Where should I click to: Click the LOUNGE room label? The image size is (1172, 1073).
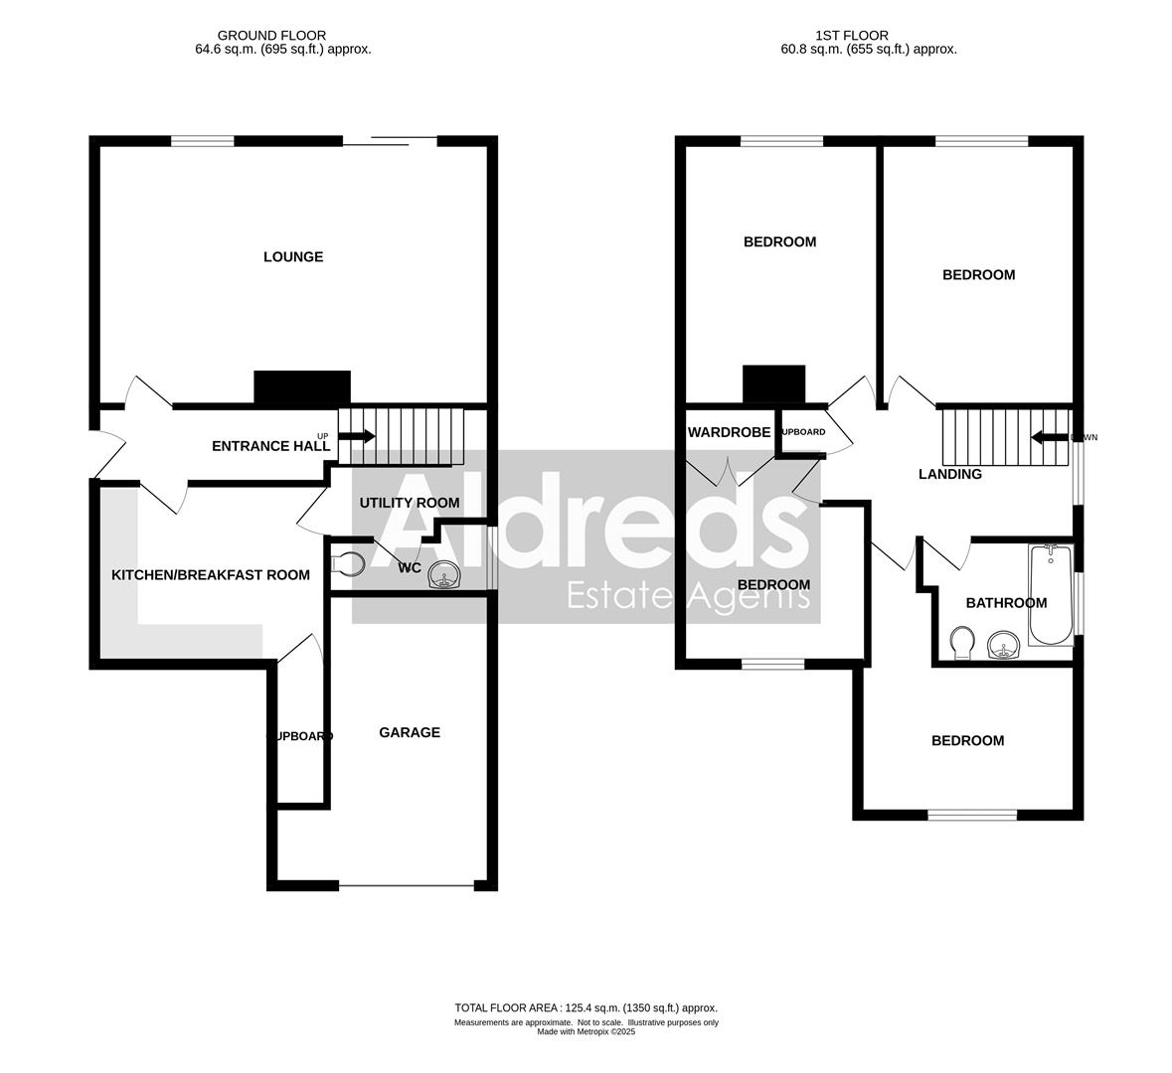coord(293,257)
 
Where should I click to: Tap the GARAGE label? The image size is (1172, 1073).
coord(410,733)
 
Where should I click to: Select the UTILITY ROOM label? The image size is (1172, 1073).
coord(410,503)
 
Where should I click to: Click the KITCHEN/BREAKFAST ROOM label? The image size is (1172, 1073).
coord(211,575)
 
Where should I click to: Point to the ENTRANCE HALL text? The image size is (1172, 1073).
coord(270,447)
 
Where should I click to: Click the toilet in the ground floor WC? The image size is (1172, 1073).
coord(348,564)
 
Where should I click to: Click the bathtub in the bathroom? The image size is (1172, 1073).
coord(1050,594)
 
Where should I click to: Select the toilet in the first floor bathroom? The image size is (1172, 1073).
coord(961,643)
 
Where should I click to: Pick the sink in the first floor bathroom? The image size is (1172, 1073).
coord(1005,648)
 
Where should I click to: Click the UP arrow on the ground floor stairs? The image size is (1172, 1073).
coord(356,436)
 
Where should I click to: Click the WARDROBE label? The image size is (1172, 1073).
coord(730,432)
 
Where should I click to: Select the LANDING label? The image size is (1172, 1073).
coord(949,475)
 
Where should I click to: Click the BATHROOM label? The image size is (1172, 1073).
coord(1006,603)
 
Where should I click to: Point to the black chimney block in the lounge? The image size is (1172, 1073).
coord(302,386)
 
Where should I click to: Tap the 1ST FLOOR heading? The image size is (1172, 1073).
coord(837,36)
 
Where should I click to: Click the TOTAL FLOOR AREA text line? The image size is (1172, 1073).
coord(586,1007)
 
